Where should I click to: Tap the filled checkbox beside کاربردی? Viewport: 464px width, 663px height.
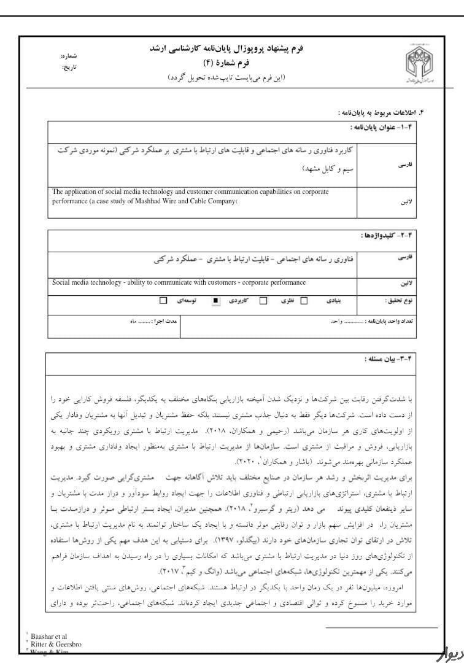pyautogui.click(x=215, y=301)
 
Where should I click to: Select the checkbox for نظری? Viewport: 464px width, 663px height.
pyautogui.click(x=263, y=301)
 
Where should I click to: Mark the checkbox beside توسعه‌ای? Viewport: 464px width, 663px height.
pyautogui.click(x=163, y=301)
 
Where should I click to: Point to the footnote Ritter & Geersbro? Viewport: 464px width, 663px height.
pyautogui.click(x=56, y=644)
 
